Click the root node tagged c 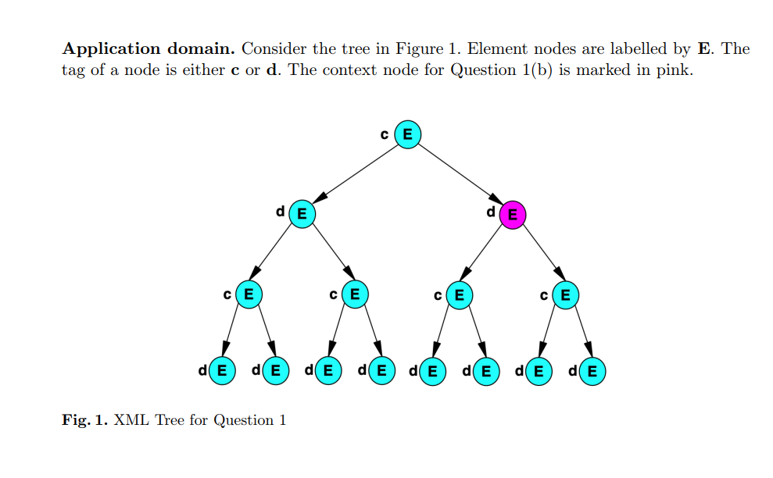click(407, 134)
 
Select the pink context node click(512, 214)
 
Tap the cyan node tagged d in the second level click(302, 213)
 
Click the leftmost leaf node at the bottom click(222, 370)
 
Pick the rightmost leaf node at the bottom click(592, 370)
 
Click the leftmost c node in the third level click(249, 294)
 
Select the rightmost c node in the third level click(565, 294)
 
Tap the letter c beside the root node click(385, 134)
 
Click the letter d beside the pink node click(491, 211)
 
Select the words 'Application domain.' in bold click(149, 48)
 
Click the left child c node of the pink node click(459, 294)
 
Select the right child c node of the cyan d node click(354, 294)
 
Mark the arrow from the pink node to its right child click(543, 251)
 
